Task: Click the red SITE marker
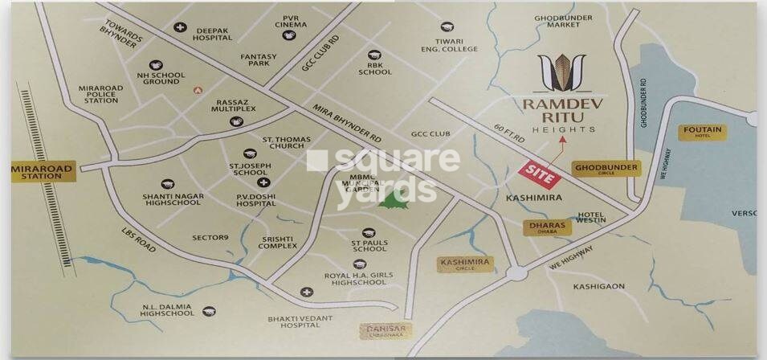pos(538,174)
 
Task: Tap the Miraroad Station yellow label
pos(42,171)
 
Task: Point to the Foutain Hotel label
pos(702,132)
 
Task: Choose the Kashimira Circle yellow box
pos(464,264)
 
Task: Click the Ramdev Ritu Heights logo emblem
pos(561,72)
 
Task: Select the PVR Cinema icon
pos(289,35)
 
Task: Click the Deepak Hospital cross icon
pos(181,27)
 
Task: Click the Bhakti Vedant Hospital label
pos(299,322)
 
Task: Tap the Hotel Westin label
pos(590,217)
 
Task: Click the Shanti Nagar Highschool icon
pos(167,184)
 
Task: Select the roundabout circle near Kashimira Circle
pos(516,274)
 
